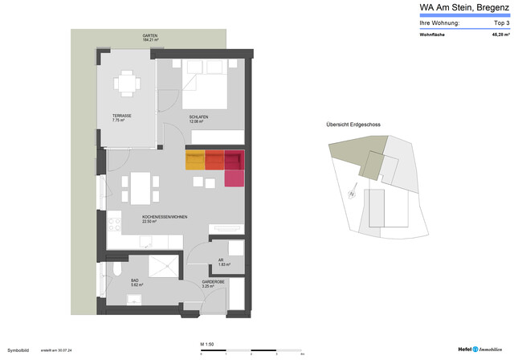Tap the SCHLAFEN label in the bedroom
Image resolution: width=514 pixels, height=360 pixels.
click(198, 118)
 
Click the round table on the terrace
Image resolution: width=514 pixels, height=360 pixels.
click(128, 82)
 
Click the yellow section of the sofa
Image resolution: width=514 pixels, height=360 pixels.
click(195, 159)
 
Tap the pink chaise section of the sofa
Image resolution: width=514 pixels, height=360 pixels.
click(233, 178)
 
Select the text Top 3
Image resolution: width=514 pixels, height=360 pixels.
click(504, 23)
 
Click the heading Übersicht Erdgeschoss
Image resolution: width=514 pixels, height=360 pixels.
click(353, 125)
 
